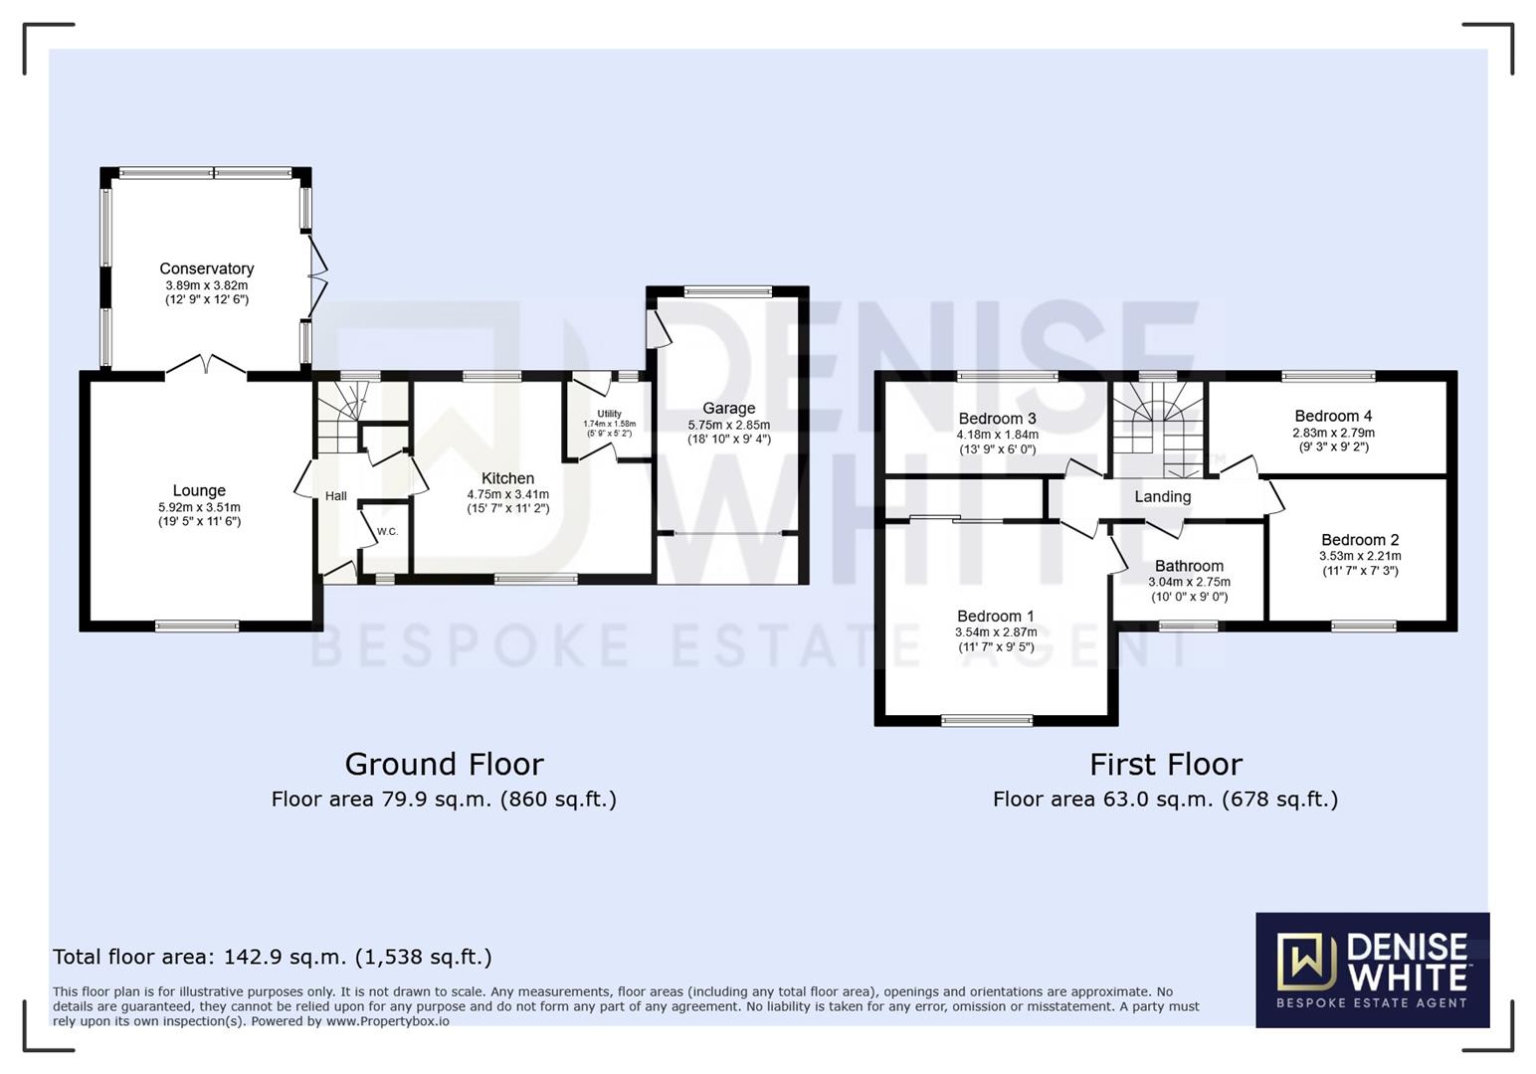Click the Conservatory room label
[x=207, y=268]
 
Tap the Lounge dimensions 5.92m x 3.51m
[x=199, y=507]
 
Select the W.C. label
[x=387, y=532]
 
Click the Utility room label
[x=609, y=414]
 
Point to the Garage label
[x=728, y=408]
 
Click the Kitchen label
[x=507, y=478]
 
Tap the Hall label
[x=336, y=495]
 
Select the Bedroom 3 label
[x=997, y=419]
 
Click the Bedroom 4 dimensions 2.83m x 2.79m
[x=1333, y=433]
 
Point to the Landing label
[x=1162, y=496]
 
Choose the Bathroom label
[x=1189, y=566]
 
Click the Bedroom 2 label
[x=1360, y=540]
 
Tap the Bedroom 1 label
[x=995, y=617]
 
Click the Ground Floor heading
[x=444, y=764]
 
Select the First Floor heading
[x=1165, y=764]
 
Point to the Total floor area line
[x=272, y=957]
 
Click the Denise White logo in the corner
[x=1372, y=970]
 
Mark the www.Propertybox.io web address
[x=387, y=1021]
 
